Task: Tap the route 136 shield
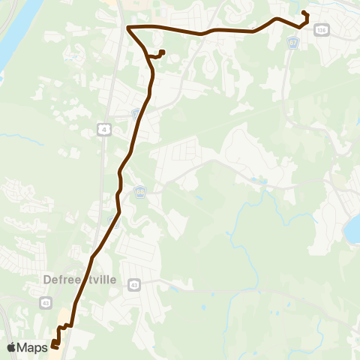[x=322, y=29]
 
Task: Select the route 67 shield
[x=293, y=43]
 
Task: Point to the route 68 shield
[x=140, y=192]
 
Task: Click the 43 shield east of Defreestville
[x=134, y=285]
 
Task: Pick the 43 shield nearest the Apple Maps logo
[x=45, y=301]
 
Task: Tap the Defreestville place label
[x=79, y=279]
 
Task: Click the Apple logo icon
[x=11, y=347]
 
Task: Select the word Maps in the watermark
[x=32, y=347]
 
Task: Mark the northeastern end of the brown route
[x=304, y=13]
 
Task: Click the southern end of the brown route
[x=54, y=346]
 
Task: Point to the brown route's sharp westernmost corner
[x=128, y=28]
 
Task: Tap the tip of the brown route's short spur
[x=162, y=52]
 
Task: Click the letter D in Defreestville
[x=46, y=279]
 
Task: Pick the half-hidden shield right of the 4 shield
[x=136, y=114]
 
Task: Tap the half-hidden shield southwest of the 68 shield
[x=114, y=220]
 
